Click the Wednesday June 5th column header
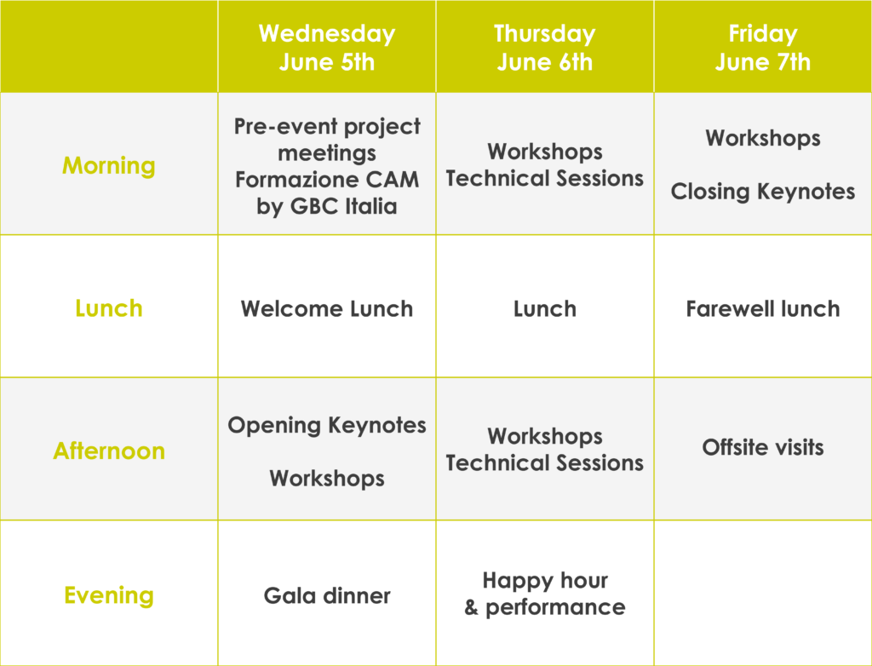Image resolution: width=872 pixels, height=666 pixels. tap(327, 48)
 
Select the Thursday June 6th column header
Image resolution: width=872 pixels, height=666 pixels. tap(545, 48)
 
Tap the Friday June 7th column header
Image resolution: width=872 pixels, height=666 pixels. tap(763, 48)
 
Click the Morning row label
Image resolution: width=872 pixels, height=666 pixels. tap(109, 166)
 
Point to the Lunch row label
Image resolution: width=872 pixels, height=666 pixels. tap(109, 308)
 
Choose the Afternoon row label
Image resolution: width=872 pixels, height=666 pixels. tap(109, 451)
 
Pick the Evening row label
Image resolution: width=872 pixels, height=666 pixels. tap(109, 594)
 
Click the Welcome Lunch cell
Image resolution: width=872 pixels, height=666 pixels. tap(327, 309)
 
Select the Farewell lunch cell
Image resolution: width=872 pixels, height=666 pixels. tap(763, 309)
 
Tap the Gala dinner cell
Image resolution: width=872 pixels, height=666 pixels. tap(327, 595)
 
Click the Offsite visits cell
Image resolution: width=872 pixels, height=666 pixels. tap(763, 447)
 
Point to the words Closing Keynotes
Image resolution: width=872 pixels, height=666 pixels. tap(763, 192)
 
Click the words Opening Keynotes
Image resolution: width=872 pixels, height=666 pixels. tap(327, 426)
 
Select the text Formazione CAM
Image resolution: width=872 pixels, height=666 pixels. tap(327, 180)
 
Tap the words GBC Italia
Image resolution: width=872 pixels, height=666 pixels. tap(344, 206)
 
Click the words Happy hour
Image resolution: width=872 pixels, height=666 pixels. tap(545, 580)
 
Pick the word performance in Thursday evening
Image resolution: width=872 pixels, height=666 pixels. tap(555, 607)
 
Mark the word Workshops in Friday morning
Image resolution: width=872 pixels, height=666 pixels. tap(763, 139)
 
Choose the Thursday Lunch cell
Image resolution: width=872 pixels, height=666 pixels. tap(545, 309)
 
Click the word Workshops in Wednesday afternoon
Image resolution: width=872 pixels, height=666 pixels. tap(327, 479)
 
